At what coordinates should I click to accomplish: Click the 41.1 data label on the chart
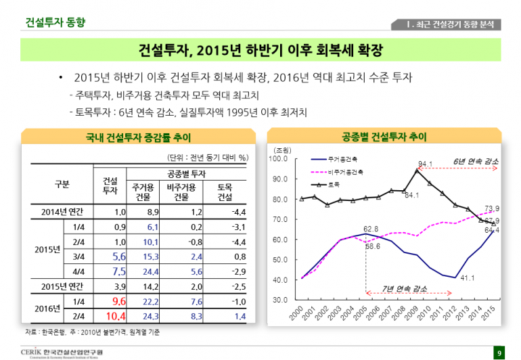(467, 277)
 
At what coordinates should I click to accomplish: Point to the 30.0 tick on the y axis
(279, 300)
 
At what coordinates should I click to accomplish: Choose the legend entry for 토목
(332, 184)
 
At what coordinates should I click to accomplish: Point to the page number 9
(499, 353)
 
